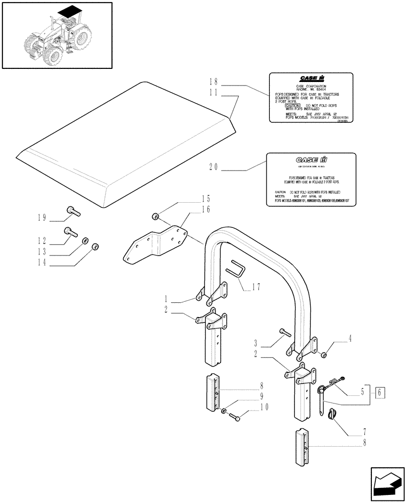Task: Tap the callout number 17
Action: tap(256, 288)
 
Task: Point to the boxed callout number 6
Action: tap(380, 391)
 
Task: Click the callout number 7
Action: tap(364, 432)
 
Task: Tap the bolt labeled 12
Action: tap(70, 232)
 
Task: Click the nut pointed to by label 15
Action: tap(156, 217)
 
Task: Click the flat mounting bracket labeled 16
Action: tap(156, 245)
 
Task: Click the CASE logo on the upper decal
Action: tap(313, 78)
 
